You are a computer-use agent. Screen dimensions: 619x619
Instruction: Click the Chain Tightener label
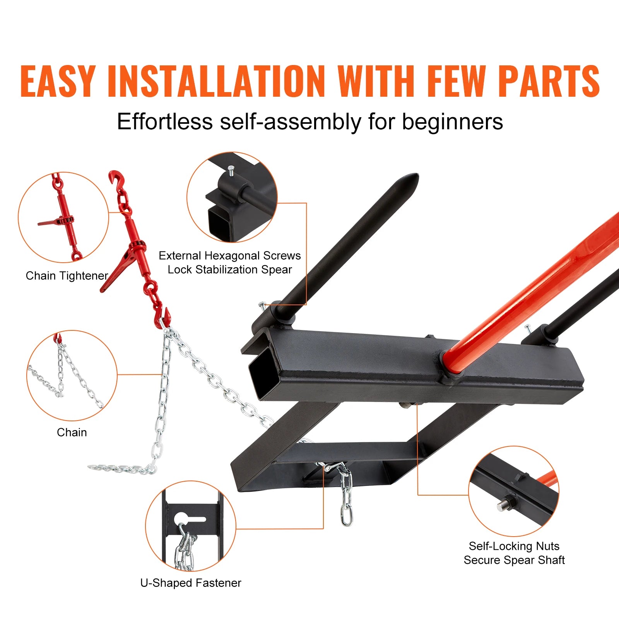(x=67, y=276)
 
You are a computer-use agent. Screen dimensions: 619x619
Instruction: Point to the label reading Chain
(x=72, y=432)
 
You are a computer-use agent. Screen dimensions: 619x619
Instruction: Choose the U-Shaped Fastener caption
(x=190, y=583)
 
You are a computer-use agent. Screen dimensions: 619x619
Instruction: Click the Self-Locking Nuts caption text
(x=514, y=546)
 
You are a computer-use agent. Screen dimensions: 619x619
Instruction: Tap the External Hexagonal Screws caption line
(x=229, y=256)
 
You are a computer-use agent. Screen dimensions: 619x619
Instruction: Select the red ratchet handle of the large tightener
(x=116, y=271)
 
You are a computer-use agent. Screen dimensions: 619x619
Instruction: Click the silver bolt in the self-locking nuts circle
(x=503, y=506)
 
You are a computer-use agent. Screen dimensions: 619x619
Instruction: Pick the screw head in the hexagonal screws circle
(x=231, y=169)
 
